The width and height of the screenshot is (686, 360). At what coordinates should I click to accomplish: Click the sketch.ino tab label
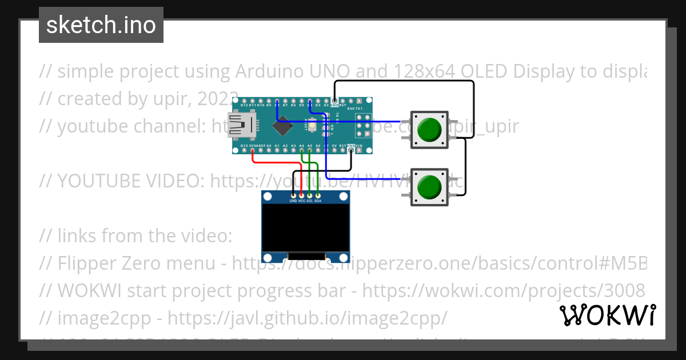tap(101, 25)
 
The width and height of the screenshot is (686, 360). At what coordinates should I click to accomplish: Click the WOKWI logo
tap(607, 315)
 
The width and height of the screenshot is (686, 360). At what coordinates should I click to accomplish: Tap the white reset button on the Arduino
tap(312, 125)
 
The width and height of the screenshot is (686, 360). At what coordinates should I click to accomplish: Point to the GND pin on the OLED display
tap(293, 196)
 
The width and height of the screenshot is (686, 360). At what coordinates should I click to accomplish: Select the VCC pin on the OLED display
tap(301, 196)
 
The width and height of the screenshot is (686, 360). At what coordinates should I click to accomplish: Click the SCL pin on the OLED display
tap(309, 196)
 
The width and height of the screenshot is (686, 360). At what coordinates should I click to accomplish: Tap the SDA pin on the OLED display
tap(317, 196)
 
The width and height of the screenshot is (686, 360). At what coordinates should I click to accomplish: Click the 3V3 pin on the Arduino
tap(252, 150)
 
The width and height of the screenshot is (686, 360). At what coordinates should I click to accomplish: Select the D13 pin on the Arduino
tap(244, 150)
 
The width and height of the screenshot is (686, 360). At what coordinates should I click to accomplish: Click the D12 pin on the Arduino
tap(244, 101)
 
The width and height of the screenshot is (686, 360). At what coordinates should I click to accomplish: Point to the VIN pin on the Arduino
tap(359, 150)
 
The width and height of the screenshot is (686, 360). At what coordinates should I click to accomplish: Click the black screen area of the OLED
tap(305, 229)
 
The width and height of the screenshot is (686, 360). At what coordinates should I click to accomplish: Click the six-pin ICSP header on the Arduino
tap(363, 126)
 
